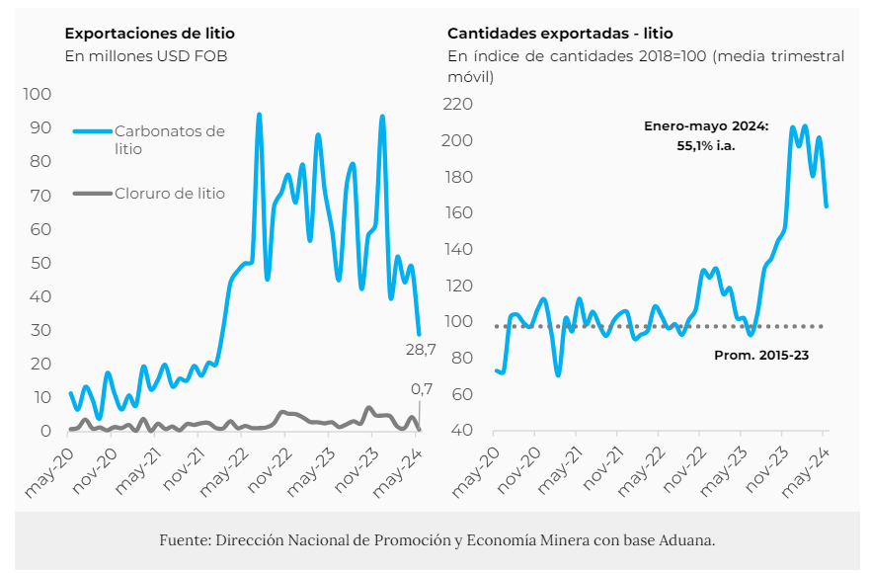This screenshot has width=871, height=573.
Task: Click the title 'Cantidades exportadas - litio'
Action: [560, 34]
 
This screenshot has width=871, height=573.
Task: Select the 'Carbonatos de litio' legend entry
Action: [169, 139]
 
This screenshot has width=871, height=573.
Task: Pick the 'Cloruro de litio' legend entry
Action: [169, 194]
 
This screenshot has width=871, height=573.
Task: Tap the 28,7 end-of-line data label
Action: [421, 350]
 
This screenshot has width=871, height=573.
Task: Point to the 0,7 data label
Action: [422, 389]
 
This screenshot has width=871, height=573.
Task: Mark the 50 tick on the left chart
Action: [41, 263]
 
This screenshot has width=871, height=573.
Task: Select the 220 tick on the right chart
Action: [460, 104]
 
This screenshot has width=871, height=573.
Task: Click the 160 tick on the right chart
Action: [460, 213]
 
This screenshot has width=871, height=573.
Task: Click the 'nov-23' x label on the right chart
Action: [761, 471]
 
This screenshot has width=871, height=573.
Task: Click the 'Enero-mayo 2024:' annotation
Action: [705, 126]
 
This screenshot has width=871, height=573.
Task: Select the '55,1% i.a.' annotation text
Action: [705, 145]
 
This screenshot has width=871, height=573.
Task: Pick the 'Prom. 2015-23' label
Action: [760, 354]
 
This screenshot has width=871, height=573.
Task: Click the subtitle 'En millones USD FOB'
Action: [146, 56]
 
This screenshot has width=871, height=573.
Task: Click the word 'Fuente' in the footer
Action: [182, 540]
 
